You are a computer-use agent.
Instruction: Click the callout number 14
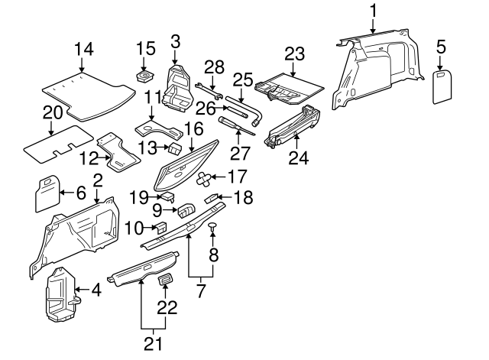coord(85,50)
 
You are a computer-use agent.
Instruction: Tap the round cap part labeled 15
coord(142,78)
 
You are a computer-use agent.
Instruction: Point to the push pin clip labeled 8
coord(213,226)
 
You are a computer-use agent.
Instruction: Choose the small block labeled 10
coord(162,226)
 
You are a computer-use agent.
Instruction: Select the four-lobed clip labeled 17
coord(203,180)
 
